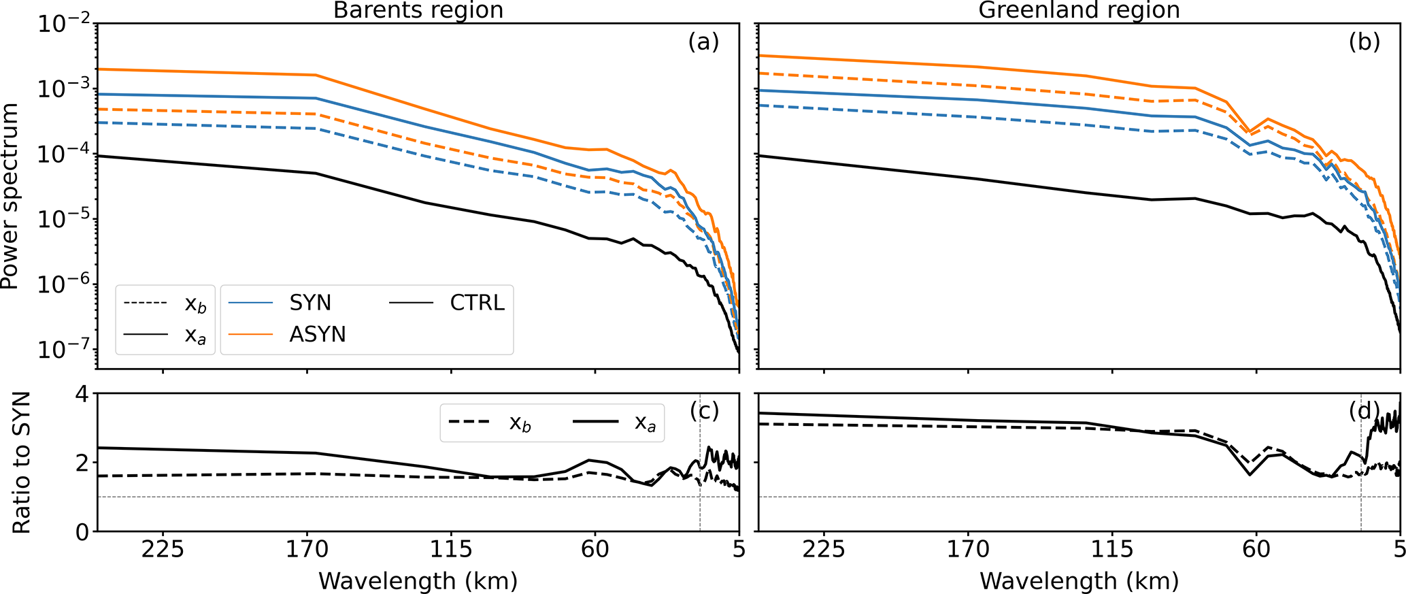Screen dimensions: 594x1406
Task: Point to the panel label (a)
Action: pyautogui.click(x=703, y=42)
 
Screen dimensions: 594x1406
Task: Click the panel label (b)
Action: pyautogui.click(x=1365, y=42)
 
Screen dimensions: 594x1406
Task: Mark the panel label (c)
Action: pyautogui.click(x=703, y=410)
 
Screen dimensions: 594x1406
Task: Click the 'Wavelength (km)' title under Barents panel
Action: pyautogui.click(x=418, y=581)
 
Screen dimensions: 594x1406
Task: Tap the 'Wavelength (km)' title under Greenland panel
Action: pyautogui.click(x=1079, y=581)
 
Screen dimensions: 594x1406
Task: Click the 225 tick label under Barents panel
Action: pyautogui.click(x=163, y=550)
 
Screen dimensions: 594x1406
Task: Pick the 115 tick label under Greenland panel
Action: pyautogui.click(x=1112, y=550)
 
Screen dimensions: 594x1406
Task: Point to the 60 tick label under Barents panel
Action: pyautogui.click(x=595, y=550)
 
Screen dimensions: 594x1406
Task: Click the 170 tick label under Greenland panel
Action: pyautogui.click(x=968, y=550)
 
